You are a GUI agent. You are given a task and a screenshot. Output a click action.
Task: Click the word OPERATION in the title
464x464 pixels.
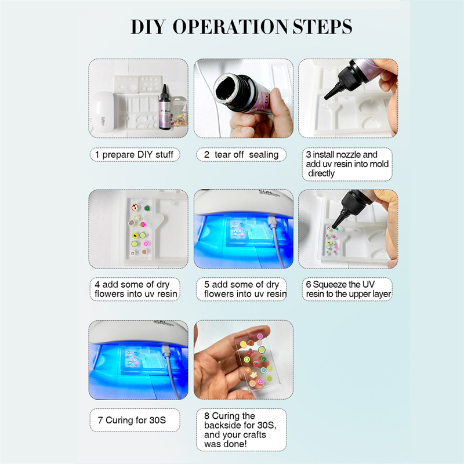point(230,27)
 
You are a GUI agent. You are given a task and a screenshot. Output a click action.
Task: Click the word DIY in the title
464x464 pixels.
point(148,27)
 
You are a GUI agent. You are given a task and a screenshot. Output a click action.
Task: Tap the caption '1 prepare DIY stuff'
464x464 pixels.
point(135,154)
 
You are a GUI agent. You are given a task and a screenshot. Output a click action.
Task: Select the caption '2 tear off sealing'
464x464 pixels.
point(241,154)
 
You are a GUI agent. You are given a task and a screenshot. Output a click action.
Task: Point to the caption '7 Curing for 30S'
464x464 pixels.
point(132,420)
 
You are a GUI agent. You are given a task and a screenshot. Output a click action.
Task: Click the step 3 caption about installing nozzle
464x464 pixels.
point(347,164)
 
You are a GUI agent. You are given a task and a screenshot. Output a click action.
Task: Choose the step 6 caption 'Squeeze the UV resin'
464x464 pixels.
point(349,289)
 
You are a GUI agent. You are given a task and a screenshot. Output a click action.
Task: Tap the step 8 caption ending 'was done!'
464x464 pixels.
point(240,430)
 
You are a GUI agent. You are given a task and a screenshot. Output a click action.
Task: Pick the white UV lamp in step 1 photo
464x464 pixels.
point(103,111)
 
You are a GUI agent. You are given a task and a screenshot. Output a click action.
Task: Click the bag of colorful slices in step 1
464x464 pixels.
point(179,112)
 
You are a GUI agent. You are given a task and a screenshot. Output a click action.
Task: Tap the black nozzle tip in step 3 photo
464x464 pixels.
point(327,96)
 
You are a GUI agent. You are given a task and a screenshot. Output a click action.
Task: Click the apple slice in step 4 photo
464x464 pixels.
point(135,208)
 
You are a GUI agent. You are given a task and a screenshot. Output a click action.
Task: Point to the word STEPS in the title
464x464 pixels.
point(322,27)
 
